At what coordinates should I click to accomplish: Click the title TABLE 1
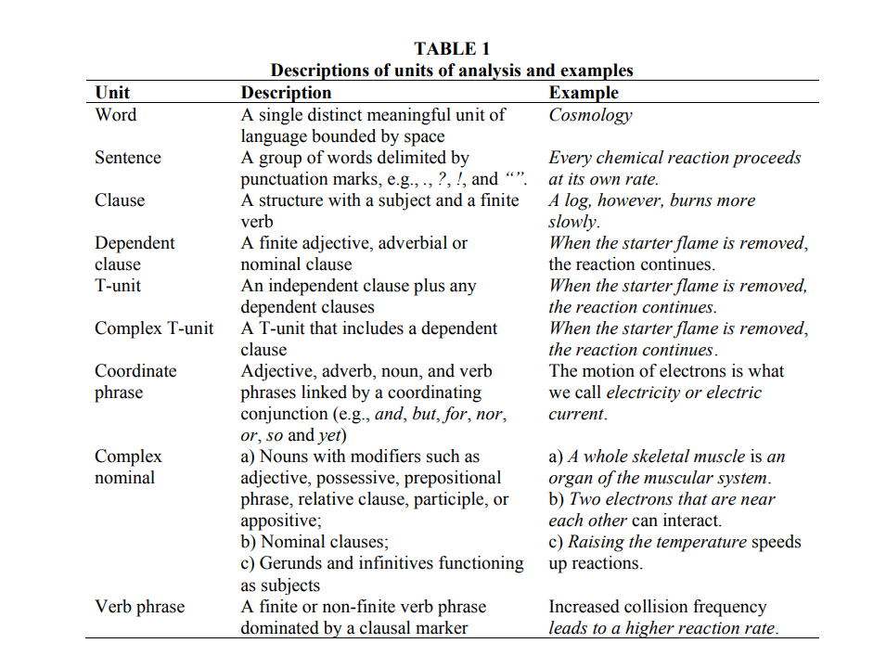452,49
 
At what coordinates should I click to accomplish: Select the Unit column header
112,93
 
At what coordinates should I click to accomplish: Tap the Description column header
286,93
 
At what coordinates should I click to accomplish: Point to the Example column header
584,93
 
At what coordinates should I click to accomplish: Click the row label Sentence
128,158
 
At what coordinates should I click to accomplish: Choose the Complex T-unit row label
154,328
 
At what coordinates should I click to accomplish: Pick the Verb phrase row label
140,607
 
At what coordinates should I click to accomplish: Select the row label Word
115,115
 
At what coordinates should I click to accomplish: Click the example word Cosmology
590,115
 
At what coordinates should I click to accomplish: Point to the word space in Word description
424,136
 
